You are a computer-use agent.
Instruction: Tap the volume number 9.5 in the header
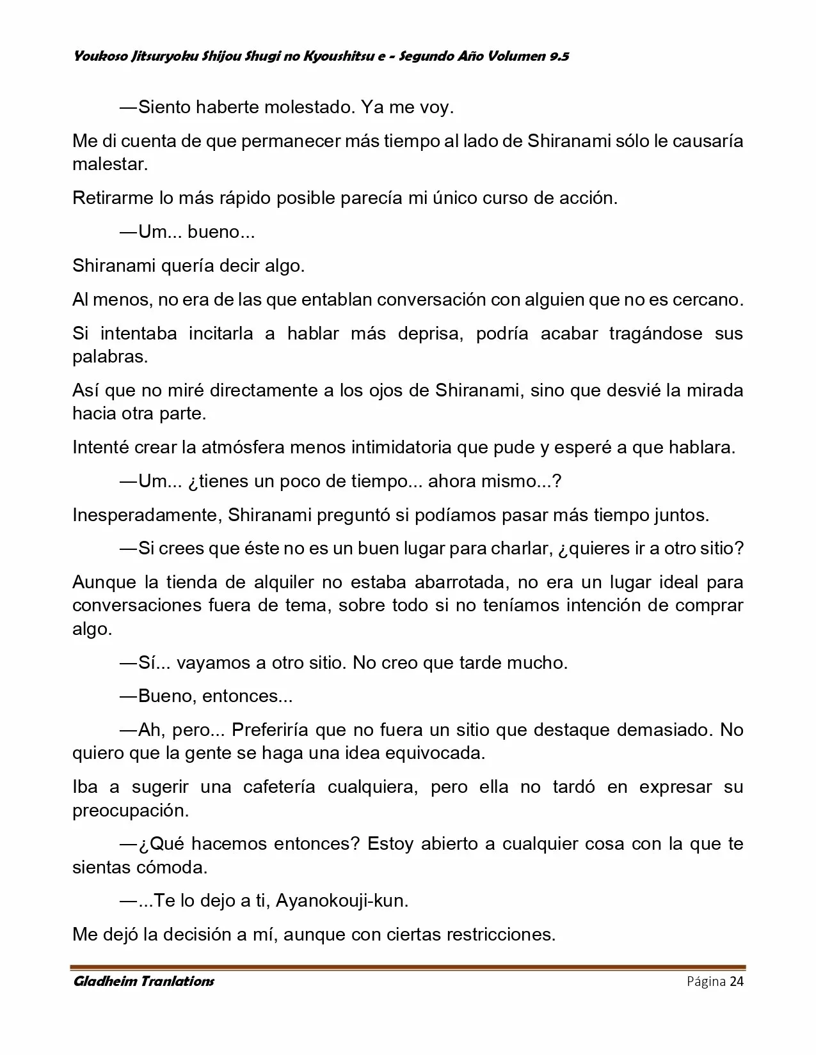[559, 56]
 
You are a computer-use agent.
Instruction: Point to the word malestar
[109, 164]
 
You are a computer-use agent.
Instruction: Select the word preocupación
[131, 810]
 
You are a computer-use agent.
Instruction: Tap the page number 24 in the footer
[736, 981]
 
